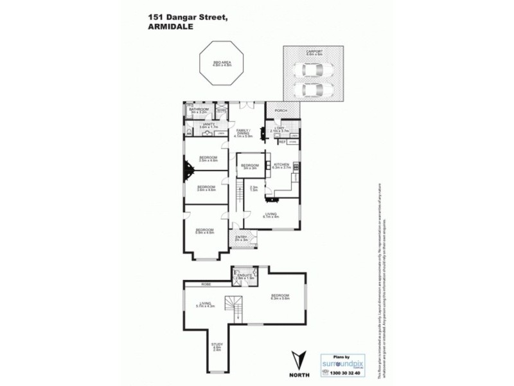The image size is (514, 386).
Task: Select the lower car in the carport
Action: pos(311,88)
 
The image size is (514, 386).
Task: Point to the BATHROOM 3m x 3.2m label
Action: pos(195,111)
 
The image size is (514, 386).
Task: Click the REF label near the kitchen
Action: pos(282,142)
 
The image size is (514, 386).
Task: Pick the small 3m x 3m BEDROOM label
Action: pos(249,166)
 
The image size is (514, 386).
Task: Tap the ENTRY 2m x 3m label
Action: pos(241,238)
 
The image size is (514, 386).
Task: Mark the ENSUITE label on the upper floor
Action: pos(244,275)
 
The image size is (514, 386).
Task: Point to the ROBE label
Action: pos(206,284)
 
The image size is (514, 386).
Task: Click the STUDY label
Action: pos(217,346)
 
